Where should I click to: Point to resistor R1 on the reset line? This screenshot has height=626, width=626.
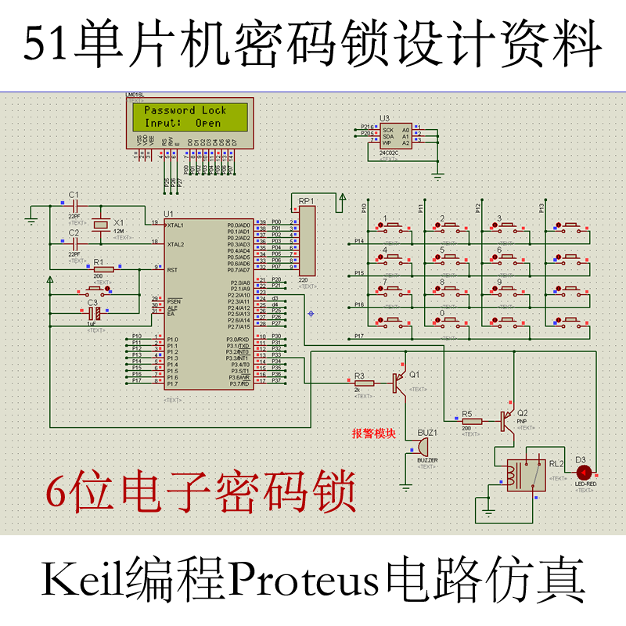103,269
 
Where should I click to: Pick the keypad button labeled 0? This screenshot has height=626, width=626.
448,322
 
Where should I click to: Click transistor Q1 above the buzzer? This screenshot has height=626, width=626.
401,381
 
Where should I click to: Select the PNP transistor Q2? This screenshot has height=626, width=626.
509,421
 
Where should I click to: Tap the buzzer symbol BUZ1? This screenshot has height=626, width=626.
421,448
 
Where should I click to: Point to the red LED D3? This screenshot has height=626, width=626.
584,473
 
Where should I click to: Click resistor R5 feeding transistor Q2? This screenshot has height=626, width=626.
471,421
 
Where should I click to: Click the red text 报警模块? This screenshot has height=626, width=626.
375,434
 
